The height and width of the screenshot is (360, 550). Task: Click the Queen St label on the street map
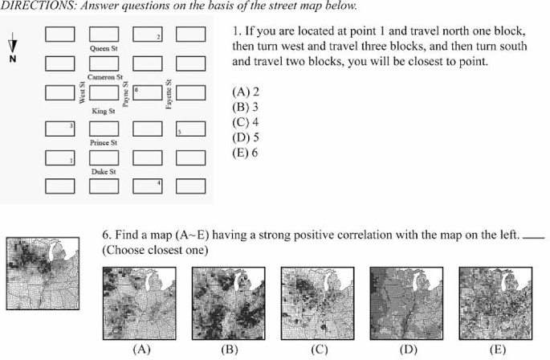[104, 49]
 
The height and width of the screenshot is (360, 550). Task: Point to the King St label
[104, 110]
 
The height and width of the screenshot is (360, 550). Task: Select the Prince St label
[104, 141]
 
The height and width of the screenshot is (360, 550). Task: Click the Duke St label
[104, 171]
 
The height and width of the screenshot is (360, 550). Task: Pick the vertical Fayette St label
[169, 95]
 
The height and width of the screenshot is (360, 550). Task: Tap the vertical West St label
[82, 93]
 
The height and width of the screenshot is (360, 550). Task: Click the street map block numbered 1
[60, 157]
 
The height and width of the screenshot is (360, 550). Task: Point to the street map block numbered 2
[148, 34]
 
